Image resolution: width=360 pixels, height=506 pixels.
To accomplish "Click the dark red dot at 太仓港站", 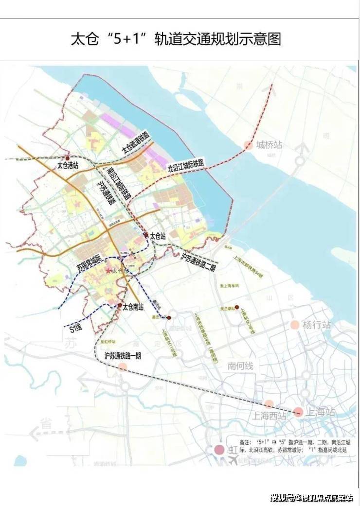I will tap(68, 158).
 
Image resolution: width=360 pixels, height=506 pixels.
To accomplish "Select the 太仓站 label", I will tap(158, 236).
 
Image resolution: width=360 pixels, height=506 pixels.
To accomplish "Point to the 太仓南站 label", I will tap(133, 307).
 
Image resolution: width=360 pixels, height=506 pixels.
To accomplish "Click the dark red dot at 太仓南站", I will tap(119, 305).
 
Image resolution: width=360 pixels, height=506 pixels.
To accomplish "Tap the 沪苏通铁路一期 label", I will tap(122, 356).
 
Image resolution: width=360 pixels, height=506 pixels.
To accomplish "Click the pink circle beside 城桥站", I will tap(248, 145).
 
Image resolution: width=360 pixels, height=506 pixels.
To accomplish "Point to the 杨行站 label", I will tap(316, 325).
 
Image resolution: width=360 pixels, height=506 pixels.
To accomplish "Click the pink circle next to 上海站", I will tap(298, 412).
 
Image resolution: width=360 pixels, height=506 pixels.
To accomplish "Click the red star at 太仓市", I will tap(108, 270).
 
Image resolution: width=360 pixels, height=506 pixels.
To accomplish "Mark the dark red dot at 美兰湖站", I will tap(236, 307).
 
